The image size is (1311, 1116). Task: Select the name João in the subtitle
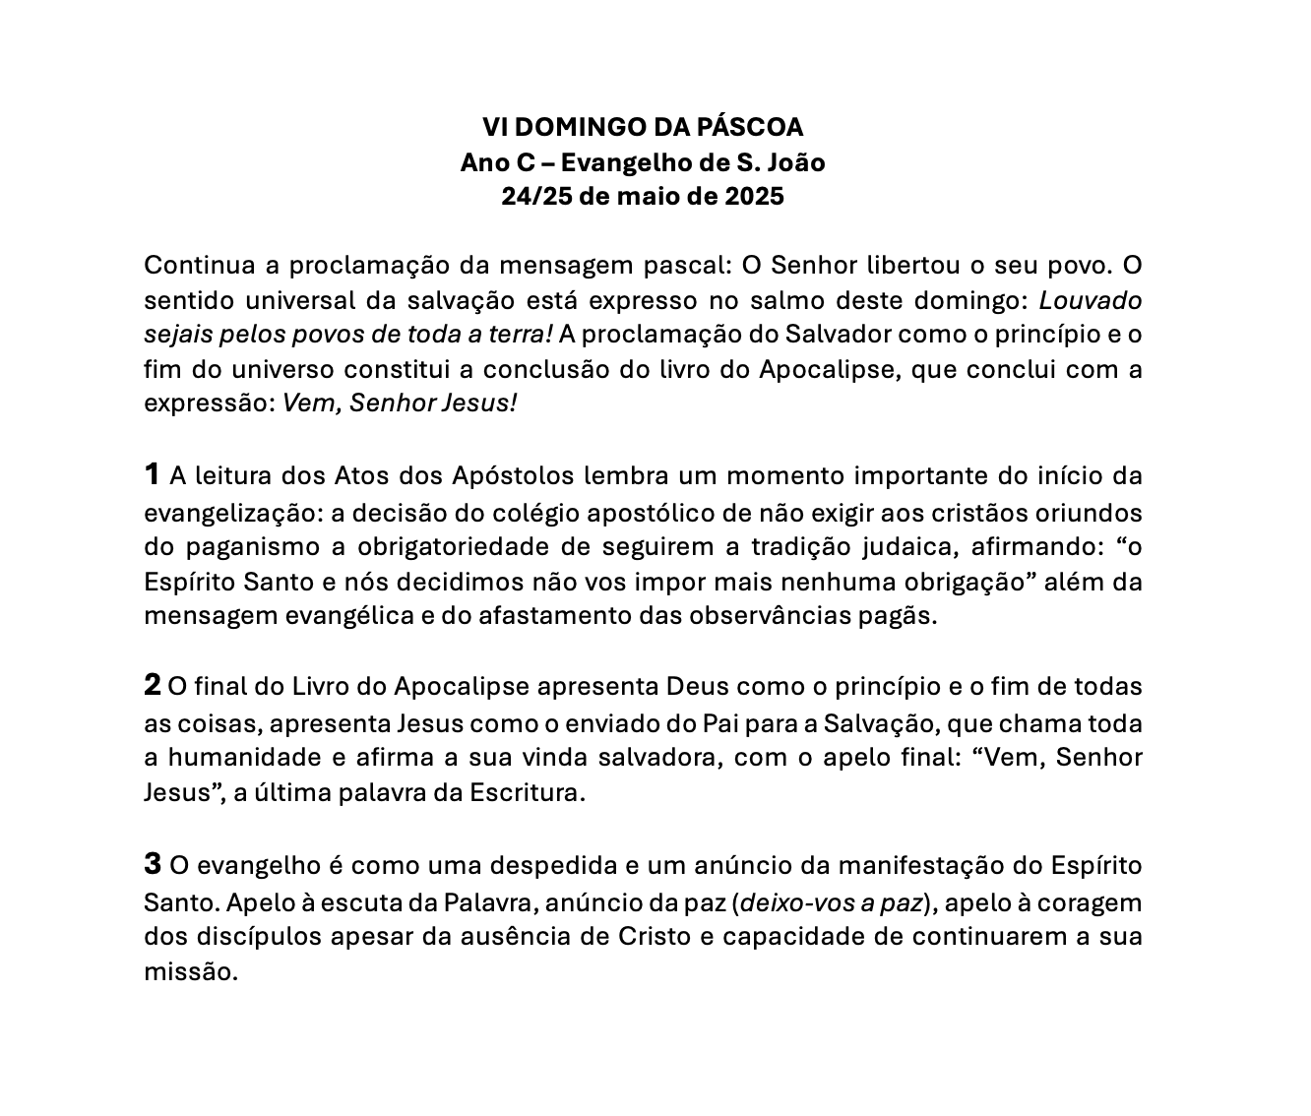point(794,162)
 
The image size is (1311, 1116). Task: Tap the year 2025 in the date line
point(754,197)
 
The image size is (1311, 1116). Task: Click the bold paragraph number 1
point(152,474)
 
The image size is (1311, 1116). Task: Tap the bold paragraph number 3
point(152,864)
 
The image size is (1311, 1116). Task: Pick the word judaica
point(909,547)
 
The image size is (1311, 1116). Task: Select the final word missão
point(191,972)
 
